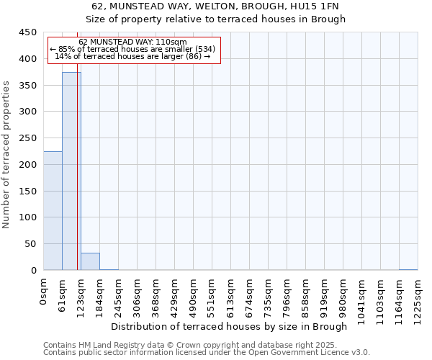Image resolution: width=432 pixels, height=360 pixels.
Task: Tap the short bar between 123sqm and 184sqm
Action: point(90,262)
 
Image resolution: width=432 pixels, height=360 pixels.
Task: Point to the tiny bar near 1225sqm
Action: point(408,269)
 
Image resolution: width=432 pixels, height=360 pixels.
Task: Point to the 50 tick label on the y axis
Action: point(30,244)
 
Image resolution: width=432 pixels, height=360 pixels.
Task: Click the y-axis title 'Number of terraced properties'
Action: point(6,155)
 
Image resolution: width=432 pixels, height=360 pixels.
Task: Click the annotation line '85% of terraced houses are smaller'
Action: point(133,49)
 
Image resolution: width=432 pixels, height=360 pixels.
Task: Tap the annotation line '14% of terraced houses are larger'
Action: point(133,56)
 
